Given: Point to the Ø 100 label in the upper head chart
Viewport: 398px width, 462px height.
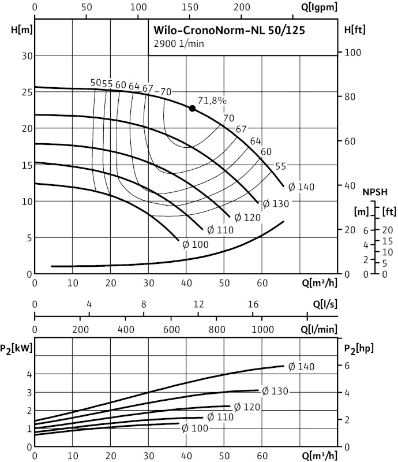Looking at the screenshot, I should pyautogui.click(x=195, y=244).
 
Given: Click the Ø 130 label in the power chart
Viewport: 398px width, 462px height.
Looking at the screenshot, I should pyautogui.click(x=275, y=391).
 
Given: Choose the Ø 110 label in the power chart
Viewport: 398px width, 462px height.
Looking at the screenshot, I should pyautogui.click(x=220, y=417).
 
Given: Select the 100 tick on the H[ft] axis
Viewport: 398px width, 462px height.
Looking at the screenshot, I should pyautogui.click(x=351, y=53).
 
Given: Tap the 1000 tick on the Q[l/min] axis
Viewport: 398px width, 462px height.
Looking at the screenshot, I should pyautogui.click(x=262, y=329).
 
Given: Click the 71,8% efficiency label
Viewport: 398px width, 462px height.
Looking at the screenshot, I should pyautogui.click(x=212, y=100).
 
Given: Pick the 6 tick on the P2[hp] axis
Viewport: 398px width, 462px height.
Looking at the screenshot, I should pyautogui.click(x=347, y=366).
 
